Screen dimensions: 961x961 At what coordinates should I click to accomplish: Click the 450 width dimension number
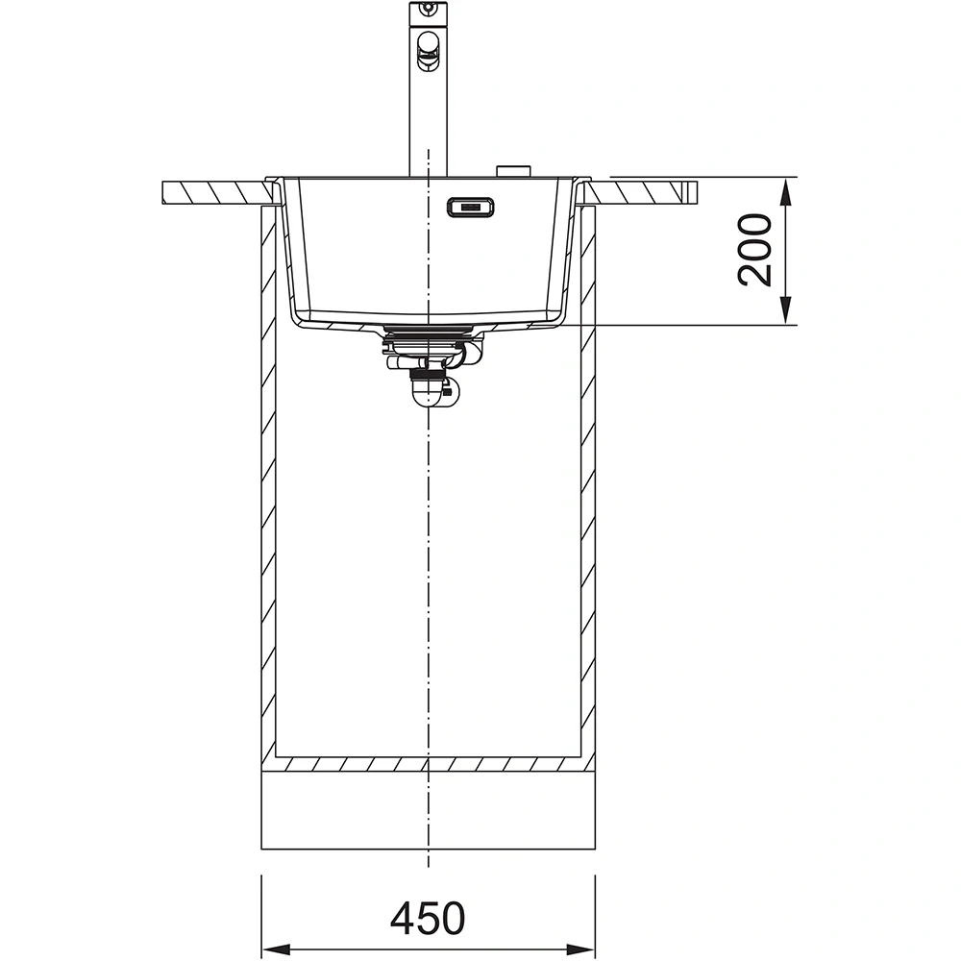(428, 919)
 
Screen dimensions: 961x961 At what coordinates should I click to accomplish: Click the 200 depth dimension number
(755, 250)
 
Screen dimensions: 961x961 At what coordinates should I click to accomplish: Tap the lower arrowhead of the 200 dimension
(786, 312)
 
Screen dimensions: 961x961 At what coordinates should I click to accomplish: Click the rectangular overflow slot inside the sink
(470, 206)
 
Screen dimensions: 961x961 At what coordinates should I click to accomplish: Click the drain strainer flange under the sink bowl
(428, 333)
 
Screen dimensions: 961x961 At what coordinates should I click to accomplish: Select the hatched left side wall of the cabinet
(269, 480)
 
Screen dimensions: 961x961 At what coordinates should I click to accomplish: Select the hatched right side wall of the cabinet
(588, 480)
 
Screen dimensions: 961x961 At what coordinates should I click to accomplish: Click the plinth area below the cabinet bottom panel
(428, 812)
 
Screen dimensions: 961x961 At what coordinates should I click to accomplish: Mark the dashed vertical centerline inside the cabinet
(428, 577)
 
